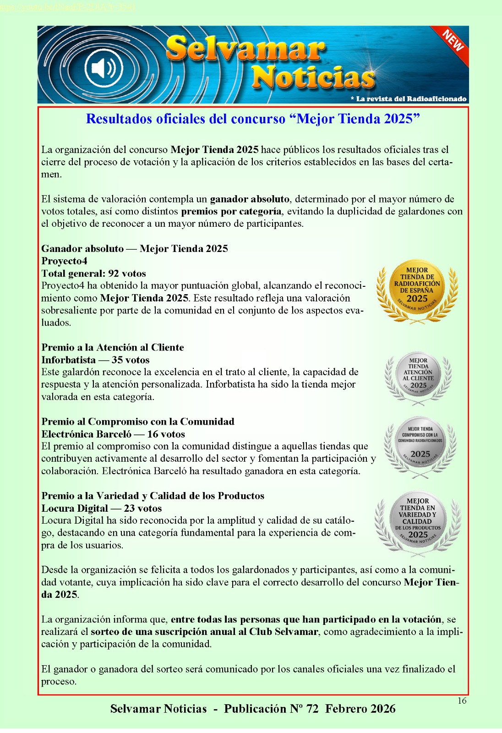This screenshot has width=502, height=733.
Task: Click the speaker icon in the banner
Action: (x=104, y=68)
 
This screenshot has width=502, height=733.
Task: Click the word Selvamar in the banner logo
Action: (x=246, y=49)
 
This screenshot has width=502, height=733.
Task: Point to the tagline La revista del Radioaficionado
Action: (x=409, y=98)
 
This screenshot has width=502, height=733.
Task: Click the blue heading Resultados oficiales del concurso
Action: (x=253, y=119)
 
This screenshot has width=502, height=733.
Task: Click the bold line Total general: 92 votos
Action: (x=93, y=274)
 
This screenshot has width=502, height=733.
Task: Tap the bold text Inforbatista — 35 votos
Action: (x=95, y=360)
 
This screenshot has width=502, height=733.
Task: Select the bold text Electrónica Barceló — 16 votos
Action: (x=113, y=434)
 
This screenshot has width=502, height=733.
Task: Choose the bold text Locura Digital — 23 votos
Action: (x=101, y=508)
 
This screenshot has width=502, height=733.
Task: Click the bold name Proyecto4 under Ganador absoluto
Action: (x=64, y=261)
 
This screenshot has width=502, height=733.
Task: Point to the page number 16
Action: (x=462, y=700)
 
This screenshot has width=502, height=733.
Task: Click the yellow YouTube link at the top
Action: (x=67, y=7)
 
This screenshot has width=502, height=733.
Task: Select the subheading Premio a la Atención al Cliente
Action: (x=112, y=347)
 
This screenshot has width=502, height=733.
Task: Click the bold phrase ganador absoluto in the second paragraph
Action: (x=250, y=199)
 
